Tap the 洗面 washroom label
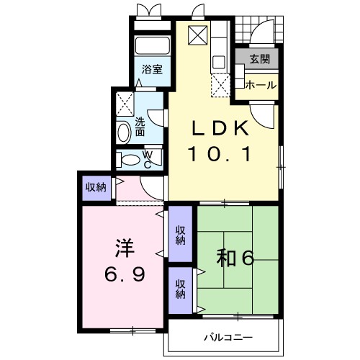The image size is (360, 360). click(x=140, y=127)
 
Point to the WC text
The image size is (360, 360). click(x=147, y=159)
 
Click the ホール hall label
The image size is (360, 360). click(x=260, y=85)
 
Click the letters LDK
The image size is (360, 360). click(x=220, y=129)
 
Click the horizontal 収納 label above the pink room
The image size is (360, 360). click(x=96, y=187)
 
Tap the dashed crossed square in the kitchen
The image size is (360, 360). click(x=220, y=84)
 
